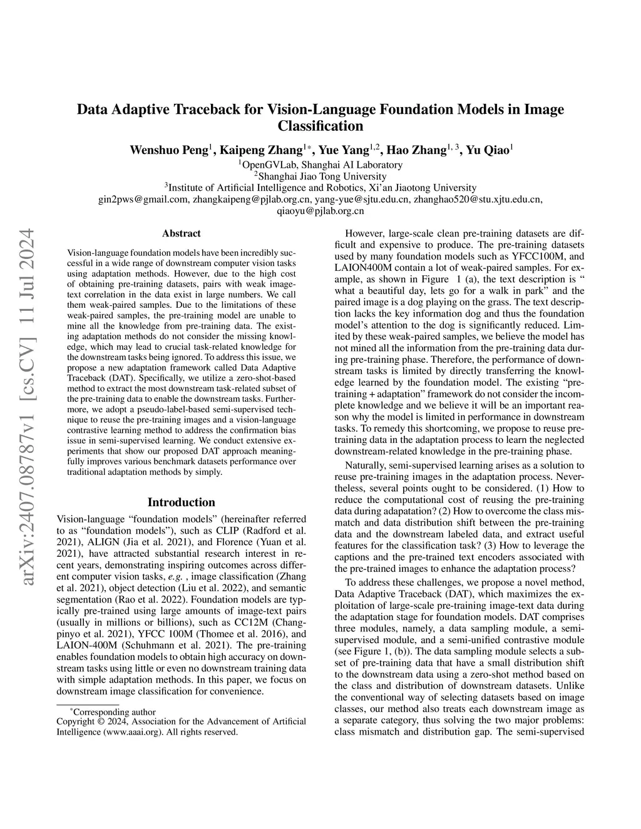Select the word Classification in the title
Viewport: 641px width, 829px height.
coord(320,126)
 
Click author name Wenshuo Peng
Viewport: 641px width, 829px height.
coord(169,150)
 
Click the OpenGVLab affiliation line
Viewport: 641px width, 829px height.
coord(320,165)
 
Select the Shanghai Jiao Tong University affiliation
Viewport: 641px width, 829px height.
coord(320,176)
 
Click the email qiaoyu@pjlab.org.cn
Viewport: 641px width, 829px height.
coord(320,211)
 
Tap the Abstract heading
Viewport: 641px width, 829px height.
coord(182,233)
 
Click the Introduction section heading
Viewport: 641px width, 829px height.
coord(182,502)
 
